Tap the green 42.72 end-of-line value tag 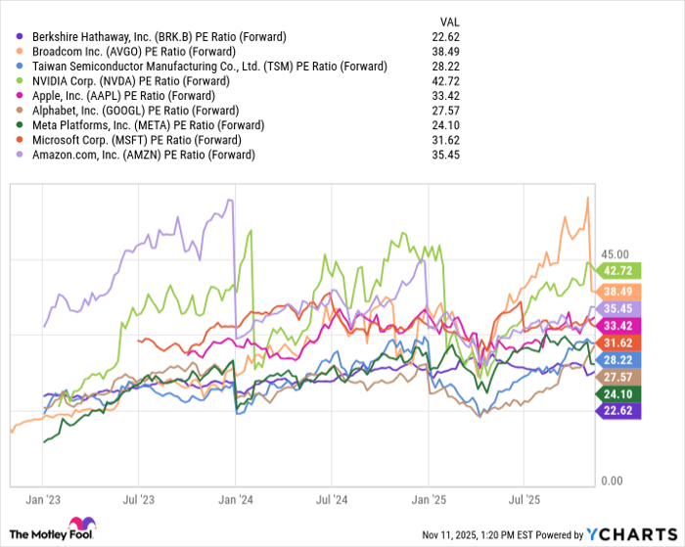pyautogui.click(x=618, y=270)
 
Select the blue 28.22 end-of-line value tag pyautogui.click(x=618, y=359)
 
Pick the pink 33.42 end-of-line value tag pyautogui.click(x=618, y=325)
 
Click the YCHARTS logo pyautogui.click(x=630, y=533)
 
